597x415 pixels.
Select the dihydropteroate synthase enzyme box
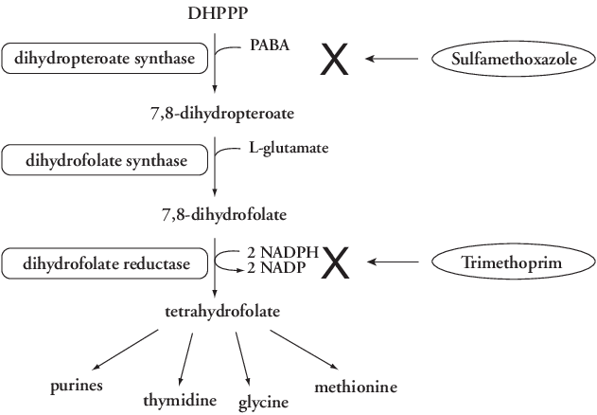point(105,59)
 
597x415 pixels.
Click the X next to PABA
point(336,59)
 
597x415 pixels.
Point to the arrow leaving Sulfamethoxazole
point(392,59)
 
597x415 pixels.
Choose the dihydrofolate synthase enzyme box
point(105,162)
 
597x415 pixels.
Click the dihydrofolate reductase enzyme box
point(105,262)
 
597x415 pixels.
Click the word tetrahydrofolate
point(215,311)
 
